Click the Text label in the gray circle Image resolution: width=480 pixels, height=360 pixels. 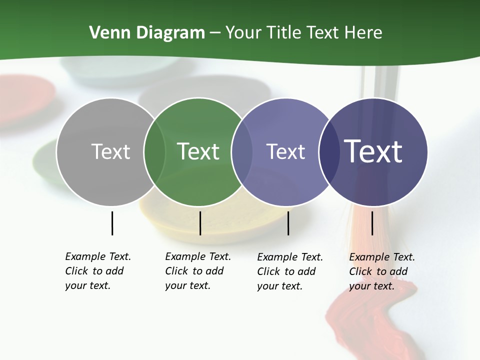point(110,151)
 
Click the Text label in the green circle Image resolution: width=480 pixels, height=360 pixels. point(198,151)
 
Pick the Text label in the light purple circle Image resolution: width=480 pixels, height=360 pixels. point(285,151)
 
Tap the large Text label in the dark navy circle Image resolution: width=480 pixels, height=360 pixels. point(373,151)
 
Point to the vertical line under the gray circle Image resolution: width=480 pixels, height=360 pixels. point(112,223)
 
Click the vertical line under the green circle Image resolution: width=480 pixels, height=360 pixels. point(200,223)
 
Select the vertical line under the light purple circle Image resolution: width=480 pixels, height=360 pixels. point(288,223)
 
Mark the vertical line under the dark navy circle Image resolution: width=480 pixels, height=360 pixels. point(372,223)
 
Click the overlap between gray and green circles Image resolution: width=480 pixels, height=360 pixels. point(154,151)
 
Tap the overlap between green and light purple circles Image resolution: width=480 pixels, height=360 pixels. point(242,151)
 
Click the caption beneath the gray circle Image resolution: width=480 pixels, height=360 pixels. point(97,271)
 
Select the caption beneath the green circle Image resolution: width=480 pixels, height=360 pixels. point(197,271)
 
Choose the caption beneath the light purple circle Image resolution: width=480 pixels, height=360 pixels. point(289,271)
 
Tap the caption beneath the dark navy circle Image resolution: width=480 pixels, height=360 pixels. point(381,271)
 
